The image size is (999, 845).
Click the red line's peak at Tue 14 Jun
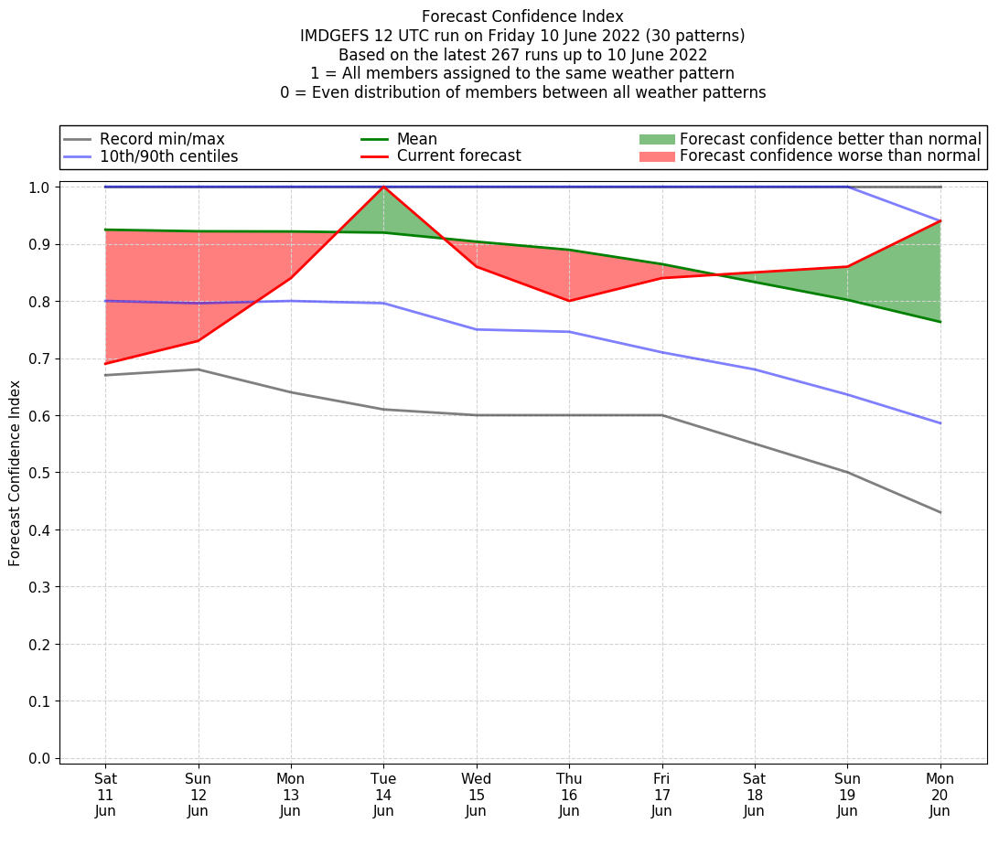click(x=383, y=187)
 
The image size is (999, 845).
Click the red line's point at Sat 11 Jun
click(x=105, y=364)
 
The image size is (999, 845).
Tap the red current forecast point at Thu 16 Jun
click(x=569, y=301)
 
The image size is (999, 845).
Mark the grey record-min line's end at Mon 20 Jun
click(x=940, y=512)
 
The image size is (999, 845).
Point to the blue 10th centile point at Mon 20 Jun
click(x=940, y=423)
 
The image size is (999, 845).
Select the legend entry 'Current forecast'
click(x=458, y=156)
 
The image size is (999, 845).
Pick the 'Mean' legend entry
click(x=416, y=139)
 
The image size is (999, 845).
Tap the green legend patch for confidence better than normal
click(x=657, y=139)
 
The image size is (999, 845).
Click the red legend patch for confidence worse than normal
click(x=657, y=156)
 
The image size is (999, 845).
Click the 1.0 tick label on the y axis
click(x=40, y=187)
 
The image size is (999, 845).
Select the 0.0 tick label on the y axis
click(x=40, y=758)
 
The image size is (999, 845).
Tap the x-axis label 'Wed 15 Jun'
click(x=476, y=795)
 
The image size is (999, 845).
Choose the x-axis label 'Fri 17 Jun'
click(x=661, y=795)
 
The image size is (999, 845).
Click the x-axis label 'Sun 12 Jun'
click(x=198, y=795)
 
